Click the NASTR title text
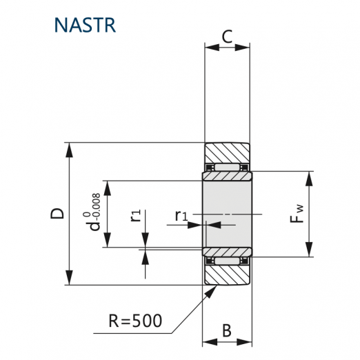coord(85,25)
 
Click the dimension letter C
coord(227,37)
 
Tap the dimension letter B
coord(227,330)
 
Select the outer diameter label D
coord(57,213)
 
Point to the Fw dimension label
coord(297,213)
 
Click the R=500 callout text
coord(135,321)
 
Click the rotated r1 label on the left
coord(136,215)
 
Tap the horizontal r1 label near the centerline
coord(181,216)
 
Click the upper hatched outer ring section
coord(227,153)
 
